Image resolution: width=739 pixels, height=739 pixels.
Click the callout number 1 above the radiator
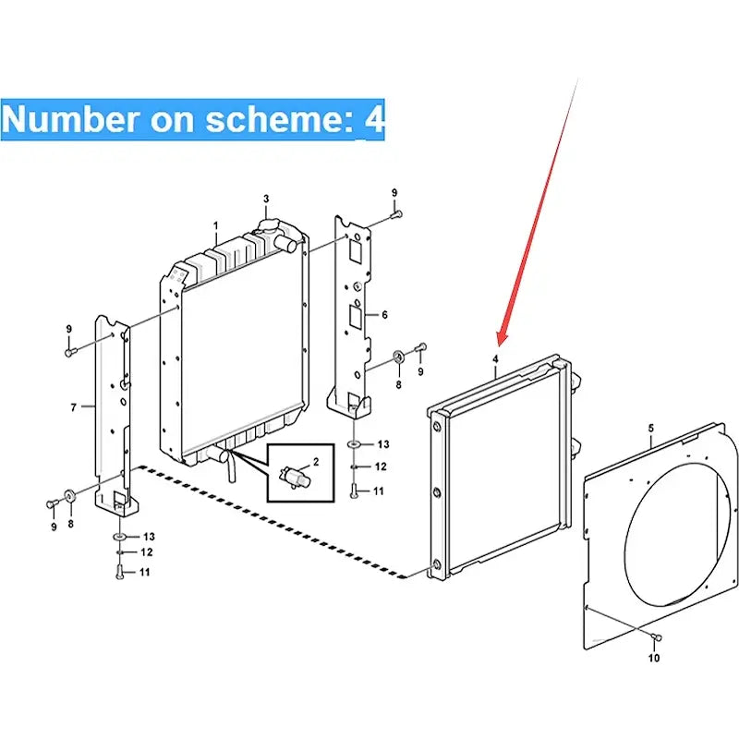(x=215, y=225)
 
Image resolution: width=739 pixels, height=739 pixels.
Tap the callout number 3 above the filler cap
(x=266, y=199)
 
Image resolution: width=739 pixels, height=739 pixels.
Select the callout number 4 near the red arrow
(x=495, y=358)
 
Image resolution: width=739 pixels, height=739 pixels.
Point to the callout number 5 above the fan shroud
(x=650, y=429)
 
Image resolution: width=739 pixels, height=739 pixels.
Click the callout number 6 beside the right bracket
(x=384, y=315)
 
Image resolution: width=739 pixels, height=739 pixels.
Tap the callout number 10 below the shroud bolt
(x=655, y=659)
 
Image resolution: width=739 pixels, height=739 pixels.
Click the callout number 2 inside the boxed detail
(x=315, y=460)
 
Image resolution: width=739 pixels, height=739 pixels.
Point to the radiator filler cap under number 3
(x=269, y=225)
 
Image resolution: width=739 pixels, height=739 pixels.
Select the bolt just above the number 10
(x=654, y=638)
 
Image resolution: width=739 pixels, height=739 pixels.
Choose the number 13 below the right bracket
(x=382, y=445)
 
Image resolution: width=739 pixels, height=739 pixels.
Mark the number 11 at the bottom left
(x=144, y=573)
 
